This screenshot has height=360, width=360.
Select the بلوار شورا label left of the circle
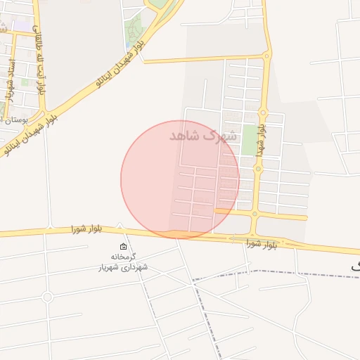[87, 229]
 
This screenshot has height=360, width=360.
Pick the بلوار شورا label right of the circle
[262, 243]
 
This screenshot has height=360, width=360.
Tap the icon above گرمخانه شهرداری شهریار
[124, 247]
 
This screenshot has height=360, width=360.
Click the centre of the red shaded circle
[180, 179]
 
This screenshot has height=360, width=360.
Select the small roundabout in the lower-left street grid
[47, 297]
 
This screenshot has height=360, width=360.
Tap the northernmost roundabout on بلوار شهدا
[266, 55]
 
